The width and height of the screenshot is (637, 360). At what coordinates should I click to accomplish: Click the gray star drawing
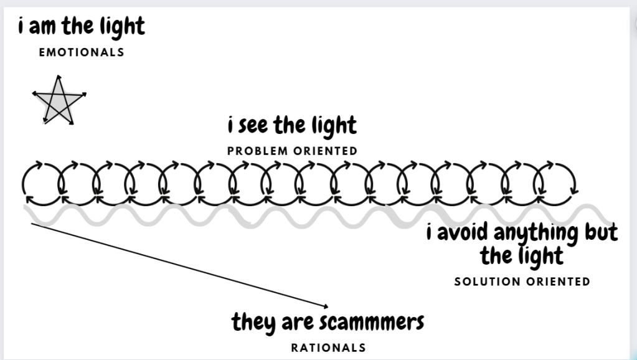point(59,102)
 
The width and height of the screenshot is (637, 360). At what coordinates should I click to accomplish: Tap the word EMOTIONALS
point(82,52)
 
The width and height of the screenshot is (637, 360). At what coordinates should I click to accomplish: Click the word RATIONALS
point(329,348)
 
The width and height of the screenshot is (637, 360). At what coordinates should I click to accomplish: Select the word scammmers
point(372,322)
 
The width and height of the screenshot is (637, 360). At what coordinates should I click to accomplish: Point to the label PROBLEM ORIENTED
point(292,151)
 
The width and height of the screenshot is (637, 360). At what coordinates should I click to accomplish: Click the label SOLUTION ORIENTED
point(522,282)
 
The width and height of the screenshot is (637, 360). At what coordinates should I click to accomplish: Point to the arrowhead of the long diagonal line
point(326,306)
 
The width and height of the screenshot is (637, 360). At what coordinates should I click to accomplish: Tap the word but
point(602,232)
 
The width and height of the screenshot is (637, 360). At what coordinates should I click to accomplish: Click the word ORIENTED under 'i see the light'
point(326,151)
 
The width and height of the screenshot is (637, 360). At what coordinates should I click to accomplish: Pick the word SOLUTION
point(488,282)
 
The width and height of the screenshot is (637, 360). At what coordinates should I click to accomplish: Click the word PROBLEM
point(258,151)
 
